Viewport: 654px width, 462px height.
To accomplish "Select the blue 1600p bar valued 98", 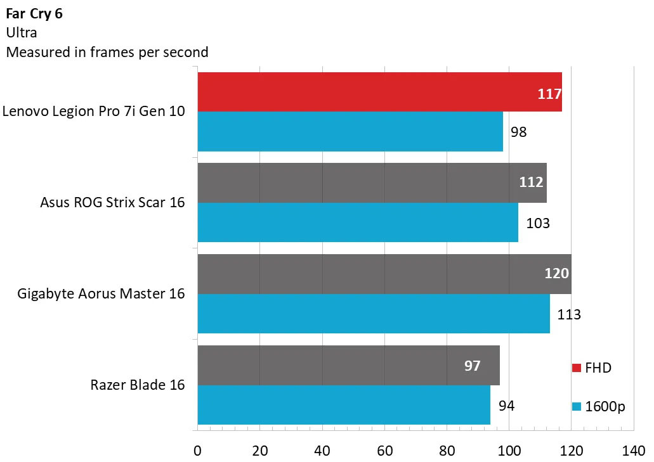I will pos(350,132).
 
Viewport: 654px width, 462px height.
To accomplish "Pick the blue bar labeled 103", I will pos(358,222).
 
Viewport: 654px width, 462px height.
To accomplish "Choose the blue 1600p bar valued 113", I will pos(374,314).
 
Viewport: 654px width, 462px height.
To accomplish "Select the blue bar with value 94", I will pos(344,405).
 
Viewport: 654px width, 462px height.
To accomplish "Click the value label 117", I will pos(549,94).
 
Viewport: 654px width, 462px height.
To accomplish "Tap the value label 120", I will pos(556,274).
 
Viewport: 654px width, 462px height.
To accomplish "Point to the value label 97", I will pos(472,366).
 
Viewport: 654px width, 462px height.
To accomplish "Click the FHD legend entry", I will pos(592,368).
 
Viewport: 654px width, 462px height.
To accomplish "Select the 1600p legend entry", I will pos(599,406).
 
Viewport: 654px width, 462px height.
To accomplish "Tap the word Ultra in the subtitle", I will pos(21,34).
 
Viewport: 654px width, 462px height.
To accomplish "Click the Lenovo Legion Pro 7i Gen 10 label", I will pos(94,112).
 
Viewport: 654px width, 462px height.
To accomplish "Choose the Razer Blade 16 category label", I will pos(138,385).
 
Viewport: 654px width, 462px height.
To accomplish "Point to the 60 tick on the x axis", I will pos(384,451).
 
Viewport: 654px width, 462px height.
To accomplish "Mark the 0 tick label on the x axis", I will pos(198,451).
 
